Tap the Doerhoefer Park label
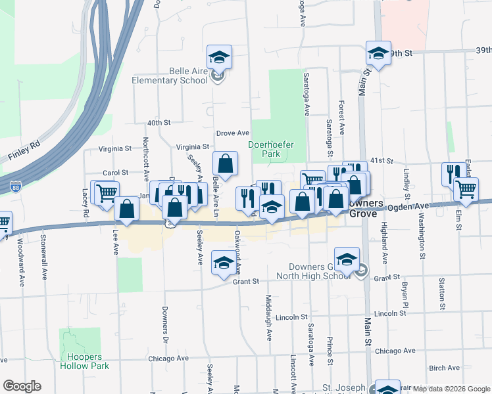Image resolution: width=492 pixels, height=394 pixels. pos(264,149)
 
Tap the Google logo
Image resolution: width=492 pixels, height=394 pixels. pos(22,386)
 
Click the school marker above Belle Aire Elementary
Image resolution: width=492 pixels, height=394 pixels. pos(220,56)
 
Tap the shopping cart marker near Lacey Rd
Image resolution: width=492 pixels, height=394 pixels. pos(107,193)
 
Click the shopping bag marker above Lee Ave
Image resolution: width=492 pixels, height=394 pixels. pos(127,209)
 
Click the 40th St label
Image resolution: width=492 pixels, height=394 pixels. pos(159,123)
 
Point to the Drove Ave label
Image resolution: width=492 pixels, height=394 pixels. pos(233,133)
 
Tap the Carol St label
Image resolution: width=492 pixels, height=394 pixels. pos(115,173)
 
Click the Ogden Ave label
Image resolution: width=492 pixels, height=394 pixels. pos(428,206)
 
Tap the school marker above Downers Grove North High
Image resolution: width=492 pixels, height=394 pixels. pos(347,259)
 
